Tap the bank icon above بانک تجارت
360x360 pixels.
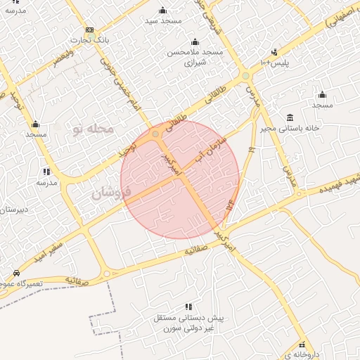(89, 30)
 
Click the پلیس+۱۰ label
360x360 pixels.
(275, 63)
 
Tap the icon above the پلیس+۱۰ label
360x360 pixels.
(274, 51)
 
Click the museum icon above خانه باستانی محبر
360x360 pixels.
(290, 117)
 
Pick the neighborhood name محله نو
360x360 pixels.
(92, 129)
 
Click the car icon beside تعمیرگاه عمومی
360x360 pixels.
(16, 272)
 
